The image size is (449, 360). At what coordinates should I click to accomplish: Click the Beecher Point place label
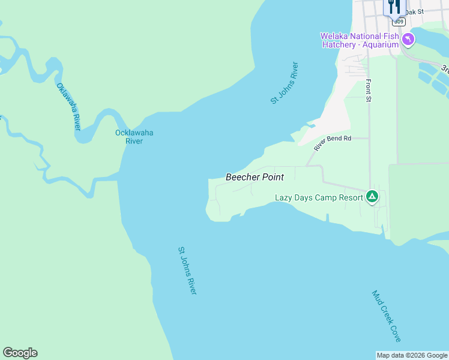coord(255,177)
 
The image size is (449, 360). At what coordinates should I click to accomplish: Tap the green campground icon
coord(372,196)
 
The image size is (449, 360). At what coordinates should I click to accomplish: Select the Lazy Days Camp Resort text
coord(319,197)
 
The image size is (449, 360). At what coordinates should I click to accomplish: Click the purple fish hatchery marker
coord(408,40)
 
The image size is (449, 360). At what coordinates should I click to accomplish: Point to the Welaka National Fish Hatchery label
coord(359,40)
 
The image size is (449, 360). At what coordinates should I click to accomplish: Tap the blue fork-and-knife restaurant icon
coord(393,7)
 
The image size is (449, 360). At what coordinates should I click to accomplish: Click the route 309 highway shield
coord(398,21)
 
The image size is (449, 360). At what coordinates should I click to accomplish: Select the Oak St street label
coord(414,11)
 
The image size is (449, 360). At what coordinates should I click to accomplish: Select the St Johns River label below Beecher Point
coord(187,270)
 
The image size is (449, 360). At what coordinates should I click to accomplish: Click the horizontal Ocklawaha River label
coord(134,137)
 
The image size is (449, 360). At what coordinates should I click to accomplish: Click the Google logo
coord(20,353)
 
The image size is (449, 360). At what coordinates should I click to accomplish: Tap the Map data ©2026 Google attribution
coord(412,355)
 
